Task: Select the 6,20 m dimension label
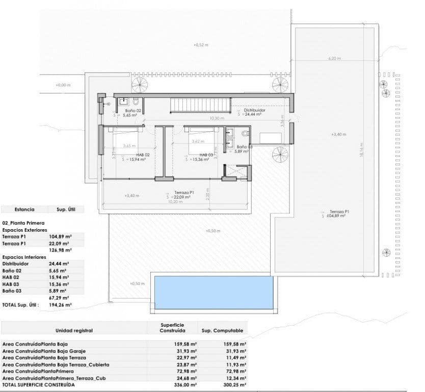point(334,59)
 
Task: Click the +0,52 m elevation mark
point(201,45)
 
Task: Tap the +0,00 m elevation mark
point(63,85)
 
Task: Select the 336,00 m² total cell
point(186,384)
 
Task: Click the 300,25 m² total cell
point(235,384)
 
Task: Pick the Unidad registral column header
point(74,330)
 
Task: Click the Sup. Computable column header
point(222,330)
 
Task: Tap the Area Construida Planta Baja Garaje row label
point(44,351)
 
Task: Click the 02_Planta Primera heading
point(24,223)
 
